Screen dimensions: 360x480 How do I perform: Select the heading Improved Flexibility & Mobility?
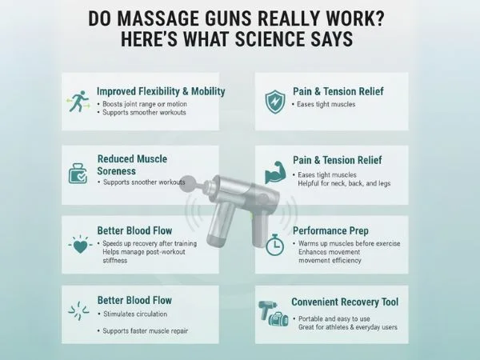click(x=161, y=91)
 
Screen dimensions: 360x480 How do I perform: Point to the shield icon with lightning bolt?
click(x=274, y=101)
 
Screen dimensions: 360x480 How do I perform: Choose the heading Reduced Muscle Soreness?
click(x=132, y=165)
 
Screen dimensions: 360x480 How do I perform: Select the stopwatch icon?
click(x=275, y=244)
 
